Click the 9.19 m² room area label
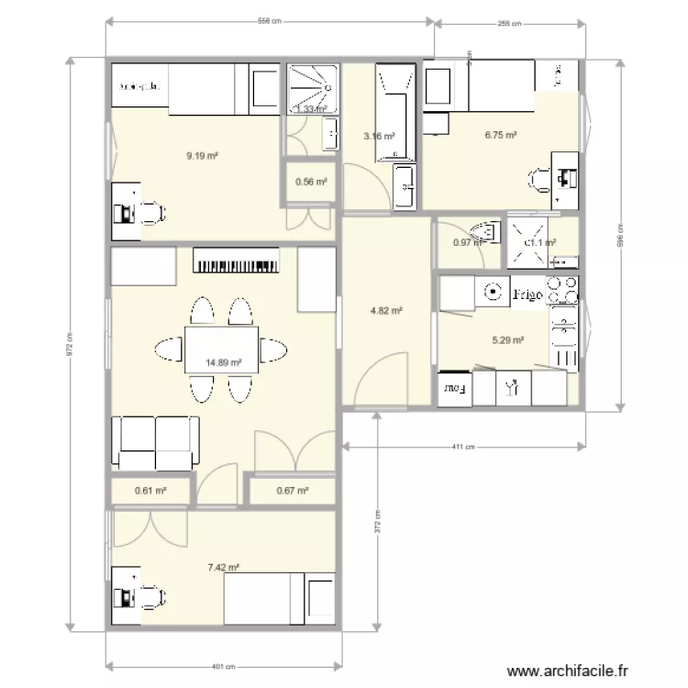click(201, 156)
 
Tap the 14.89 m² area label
click(224, 362)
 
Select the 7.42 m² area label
click(224, 569)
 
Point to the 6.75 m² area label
click(500, 135)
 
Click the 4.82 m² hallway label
click(386, 311)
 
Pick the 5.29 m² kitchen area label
click(507, 340)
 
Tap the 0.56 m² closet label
click(311, 182)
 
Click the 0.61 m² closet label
click(150, 490)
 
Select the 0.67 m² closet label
click(292, 490)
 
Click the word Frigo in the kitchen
click(527, 294)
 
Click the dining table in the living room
click(221, 350)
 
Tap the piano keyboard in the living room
click(235, 264)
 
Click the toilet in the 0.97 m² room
click(483, 230)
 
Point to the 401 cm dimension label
click(223, 667)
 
